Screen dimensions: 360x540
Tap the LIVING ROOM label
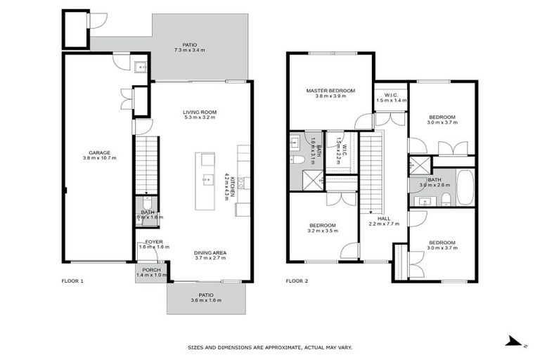(x=199, y=111)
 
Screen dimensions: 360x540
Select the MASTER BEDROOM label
(x=330, y=91)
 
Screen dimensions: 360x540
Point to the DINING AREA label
(x=210, y=253)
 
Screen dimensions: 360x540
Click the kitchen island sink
(x=207, y=180)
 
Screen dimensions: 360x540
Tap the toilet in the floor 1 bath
(x=146, y=204)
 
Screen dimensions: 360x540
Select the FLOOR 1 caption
(x=72, y=281)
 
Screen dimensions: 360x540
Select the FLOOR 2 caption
(x=297, y=281)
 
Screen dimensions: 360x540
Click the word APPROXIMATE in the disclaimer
(x=280, y=347)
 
